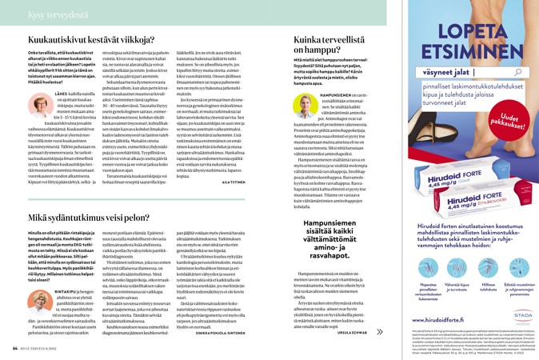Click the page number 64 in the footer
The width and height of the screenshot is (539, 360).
15,348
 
